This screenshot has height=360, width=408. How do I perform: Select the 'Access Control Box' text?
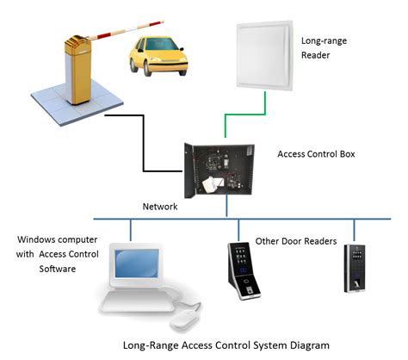click(x=317, y=155)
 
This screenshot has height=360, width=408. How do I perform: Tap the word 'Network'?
click(x=161, y=207)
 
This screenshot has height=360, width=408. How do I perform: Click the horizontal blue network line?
click(x=284, y=219)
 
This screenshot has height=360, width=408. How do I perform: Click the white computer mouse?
click(x=182, y=322)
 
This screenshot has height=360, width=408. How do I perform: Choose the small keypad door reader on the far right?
click(x=354, y=266)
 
